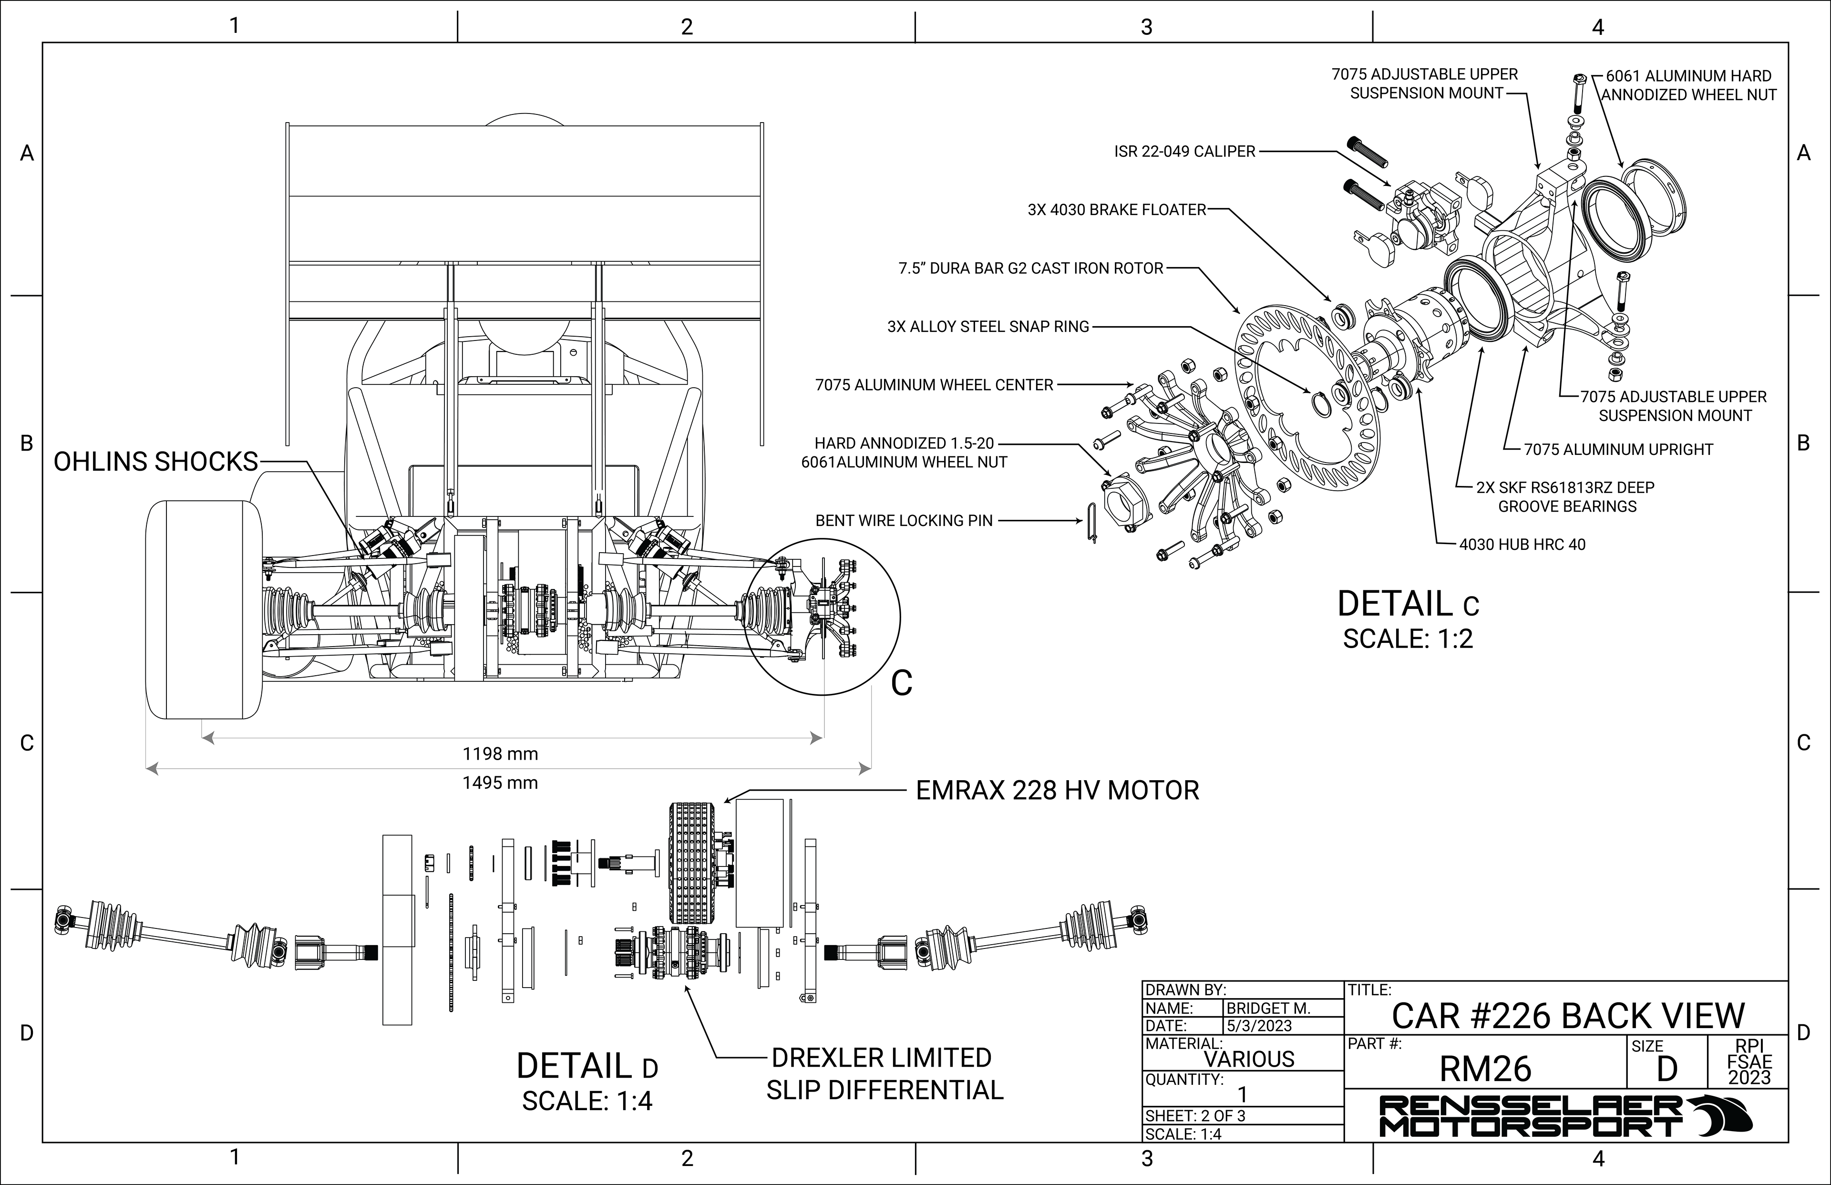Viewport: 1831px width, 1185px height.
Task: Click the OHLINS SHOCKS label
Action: (155, 461)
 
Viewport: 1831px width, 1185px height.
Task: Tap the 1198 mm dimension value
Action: (500, 753)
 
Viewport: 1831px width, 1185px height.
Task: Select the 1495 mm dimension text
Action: (500, 783)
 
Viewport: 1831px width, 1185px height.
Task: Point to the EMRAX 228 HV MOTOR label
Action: (1057, 790)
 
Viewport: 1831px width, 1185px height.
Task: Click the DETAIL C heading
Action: (1408, 604)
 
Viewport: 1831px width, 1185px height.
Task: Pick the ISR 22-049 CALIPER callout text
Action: (1185, 152)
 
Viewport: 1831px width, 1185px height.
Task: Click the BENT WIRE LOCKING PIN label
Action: (904, 521)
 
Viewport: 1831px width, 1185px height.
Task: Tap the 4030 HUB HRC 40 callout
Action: (1522, 545)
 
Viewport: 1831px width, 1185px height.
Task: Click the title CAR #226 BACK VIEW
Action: (1568, 1016)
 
